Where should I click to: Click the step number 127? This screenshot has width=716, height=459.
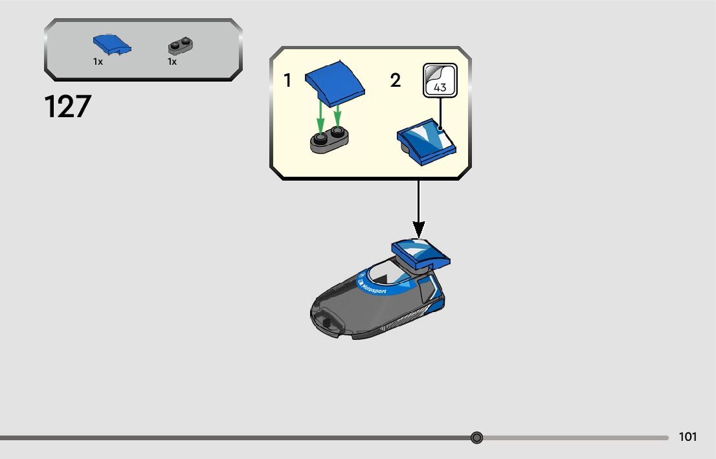[68, 107]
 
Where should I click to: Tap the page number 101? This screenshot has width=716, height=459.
[688, 437]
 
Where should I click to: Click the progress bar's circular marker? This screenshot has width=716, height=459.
[477, 438]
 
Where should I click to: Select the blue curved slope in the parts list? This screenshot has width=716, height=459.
[111, 45]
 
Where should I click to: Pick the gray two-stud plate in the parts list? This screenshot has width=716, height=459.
[181, 46]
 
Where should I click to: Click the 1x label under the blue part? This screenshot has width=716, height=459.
[98, 62]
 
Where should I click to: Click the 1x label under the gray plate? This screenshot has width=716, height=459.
[172, 62]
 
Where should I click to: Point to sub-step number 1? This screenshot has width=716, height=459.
[287, 81]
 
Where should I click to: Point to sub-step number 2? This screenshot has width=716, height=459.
[396, 81]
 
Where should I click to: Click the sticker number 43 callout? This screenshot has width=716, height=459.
[440, 81]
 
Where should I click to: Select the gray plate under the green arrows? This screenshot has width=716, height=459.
[330, 139]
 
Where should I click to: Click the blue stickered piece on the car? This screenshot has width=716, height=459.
[420, 254]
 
